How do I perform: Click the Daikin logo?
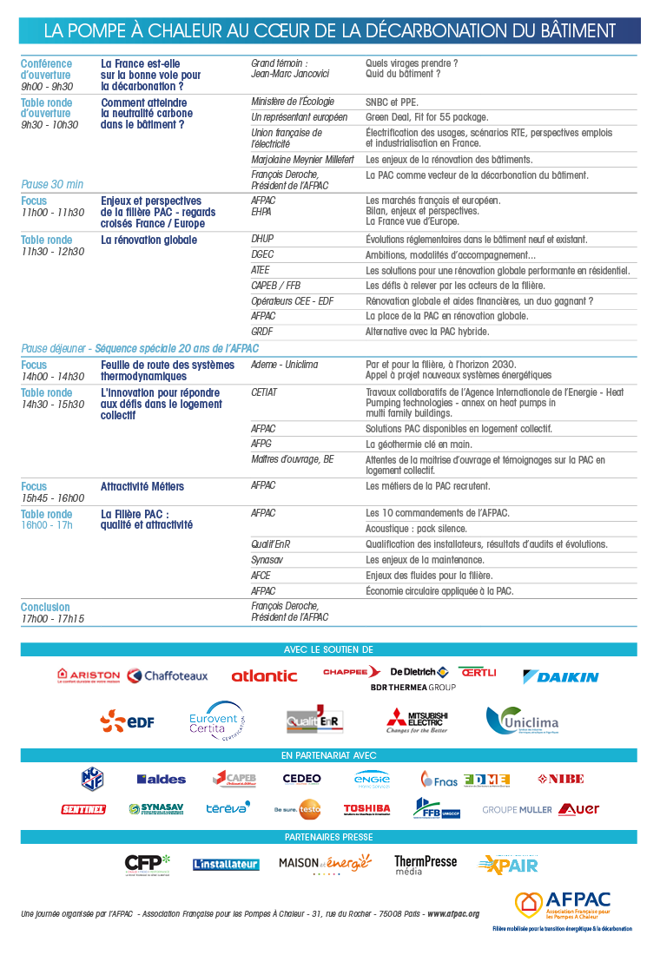pos(560,676)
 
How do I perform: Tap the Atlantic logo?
pos(264,675)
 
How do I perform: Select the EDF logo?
pos(127,721)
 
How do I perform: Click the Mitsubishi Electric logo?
pos(418,721)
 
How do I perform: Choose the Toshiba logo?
pos(366,808)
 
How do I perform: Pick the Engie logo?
pos(372,779)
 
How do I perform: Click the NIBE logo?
pos(560,779)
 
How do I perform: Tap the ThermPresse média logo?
pos(426,864)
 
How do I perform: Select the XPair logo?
pos(508,864)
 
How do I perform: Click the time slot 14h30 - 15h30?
pos(53,405)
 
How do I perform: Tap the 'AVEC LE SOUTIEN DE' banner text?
pos(328,649)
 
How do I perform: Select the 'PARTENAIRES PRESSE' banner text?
pos(329,837)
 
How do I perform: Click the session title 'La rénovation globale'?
pos(149,240)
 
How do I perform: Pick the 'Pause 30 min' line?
pos(52,184)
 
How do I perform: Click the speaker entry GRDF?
pos(262,332)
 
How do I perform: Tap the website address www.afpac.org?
pos(452,914)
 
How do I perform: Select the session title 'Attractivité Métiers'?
pos(142,486)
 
